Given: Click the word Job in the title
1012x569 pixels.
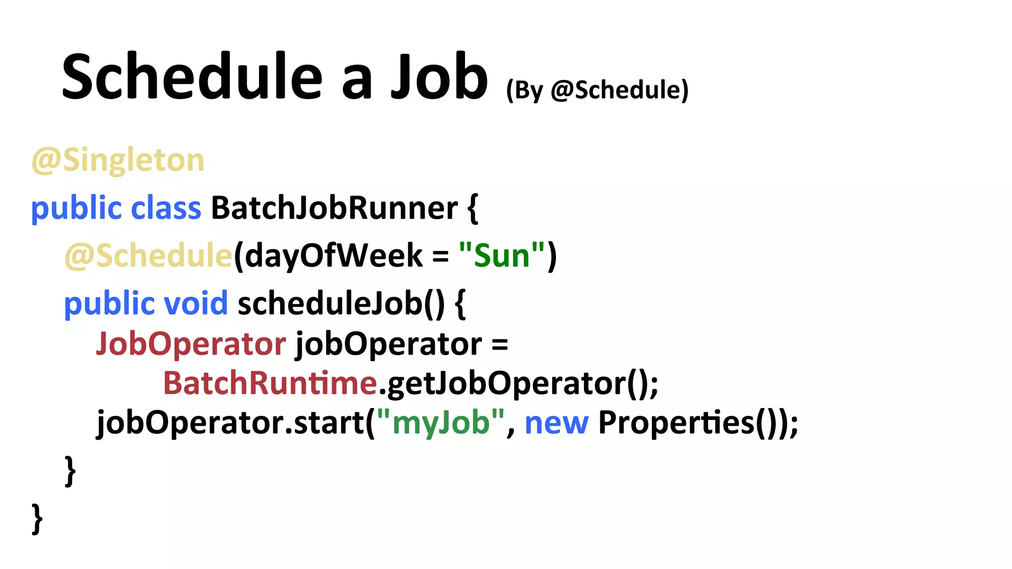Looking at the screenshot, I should tap(439, 78).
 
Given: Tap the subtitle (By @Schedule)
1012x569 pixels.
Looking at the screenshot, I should tap(597, 90).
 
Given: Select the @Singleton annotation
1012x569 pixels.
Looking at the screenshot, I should tap(118, 160).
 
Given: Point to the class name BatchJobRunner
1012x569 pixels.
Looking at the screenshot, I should tap(335, 208).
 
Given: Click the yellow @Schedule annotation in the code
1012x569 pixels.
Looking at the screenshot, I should tap(148, 256).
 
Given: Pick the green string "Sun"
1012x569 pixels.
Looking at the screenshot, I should tap(502, 256).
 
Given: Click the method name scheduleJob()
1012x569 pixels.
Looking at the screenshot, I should tap(341, 303).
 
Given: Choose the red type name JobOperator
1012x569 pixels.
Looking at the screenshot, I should tap(191, 343).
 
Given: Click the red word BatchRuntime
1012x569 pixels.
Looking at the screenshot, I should tap(270, 383).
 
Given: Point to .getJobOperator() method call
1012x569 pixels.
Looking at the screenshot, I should tap(518, 383).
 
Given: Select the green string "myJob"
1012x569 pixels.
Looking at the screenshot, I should tap(441, 422).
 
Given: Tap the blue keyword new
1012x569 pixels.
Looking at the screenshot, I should tap(556, 422).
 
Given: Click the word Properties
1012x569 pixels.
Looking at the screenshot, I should tap(676, 422).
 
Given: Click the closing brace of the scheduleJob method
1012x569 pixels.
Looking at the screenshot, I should tap(70, 471).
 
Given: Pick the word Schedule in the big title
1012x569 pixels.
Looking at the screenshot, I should tap(192, 78).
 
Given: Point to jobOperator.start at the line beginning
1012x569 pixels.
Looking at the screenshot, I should tap(230, 422).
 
